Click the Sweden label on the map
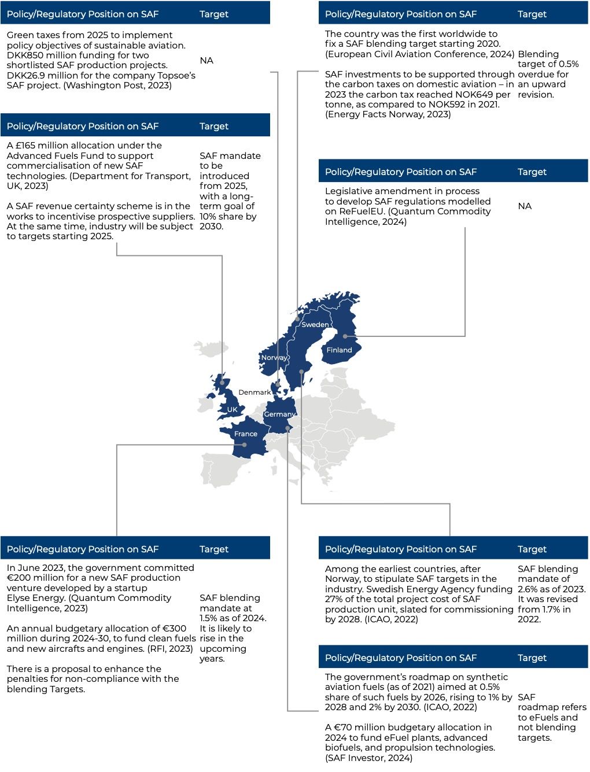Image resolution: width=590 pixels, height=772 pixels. coord(315,325)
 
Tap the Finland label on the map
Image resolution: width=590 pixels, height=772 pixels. coord(339,350)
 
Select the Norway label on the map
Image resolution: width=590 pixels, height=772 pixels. coord(274,358)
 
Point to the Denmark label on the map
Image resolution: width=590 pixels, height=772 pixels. coord(255,392)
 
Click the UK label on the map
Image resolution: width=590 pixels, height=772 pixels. coord(232,410)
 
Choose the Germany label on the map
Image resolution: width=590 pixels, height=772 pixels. coord(279,414)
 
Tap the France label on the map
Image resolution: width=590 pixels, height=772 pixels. coord(246,434)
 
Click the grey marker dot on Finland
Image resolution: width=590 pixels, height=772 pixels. coord(345,336)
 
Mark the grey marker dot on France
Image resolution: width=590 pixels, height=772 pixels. coord(245,445)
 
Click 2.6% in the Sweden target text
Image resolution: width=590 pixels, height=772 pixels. coord(530,589)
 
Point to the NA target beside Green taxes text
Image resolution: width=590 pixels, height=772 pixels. coord(207,61)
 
